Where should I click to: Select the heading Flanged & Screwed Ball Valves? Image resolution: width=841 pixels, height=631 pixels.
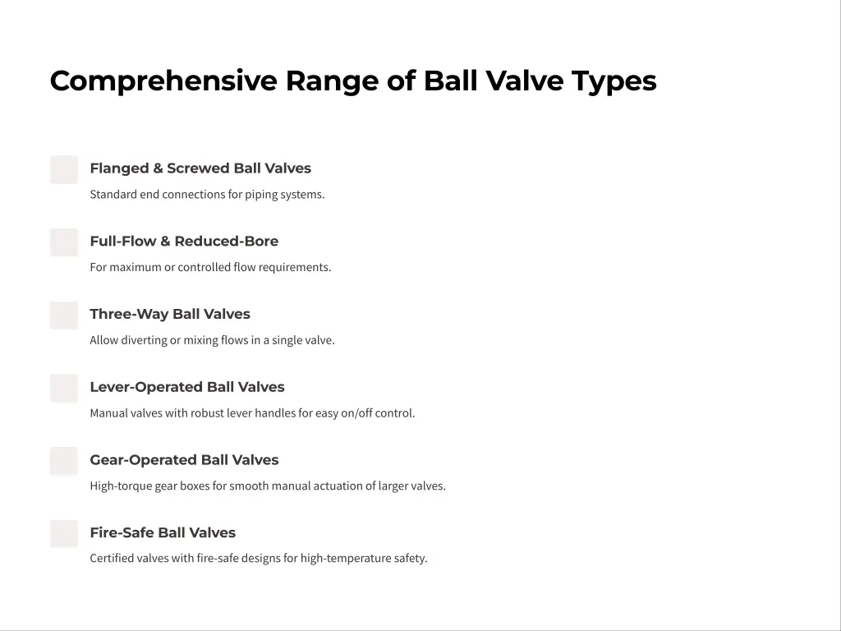tap(200, 168)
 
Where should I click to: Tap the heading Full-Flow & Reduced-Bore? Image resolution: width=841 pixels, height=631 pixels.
tap(184, 242)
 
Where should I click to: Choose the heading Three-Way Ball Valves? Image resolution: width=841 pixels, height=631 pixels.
tap(170, 314)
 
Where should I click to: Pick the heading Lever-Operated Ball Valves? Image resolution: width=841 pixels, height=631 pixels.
tap(187, 387)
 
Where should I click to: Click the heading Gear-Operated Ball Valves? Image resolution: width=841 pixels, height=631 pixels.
tap(184, 460)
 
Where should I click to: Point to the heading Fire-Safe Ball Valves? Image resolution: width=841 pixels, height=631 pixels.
tap(163, 532)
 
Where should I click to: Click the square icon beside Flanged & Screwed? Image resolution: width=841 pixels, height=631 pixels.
tap(64, 169)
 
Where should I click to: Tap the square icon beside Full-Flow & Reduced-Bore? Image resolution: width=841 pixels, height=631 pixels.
tap(64, 242)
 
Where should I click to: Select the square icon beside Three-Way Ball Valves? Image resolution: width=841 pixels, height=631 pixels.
tap(64, 315)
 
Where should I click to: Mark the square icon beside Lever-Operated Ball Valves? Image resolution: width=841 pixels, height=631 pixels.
tap(64, 388)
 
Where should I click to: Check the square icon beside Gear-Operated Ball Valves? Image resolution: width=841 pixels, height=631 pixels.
tap(64, 461)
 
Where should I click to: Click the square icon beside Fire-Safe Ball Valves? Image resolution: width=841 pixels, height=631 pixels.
tap(64, 534)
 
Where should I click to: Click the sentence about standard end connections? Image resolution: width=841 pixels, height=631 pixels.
tap(207, 195)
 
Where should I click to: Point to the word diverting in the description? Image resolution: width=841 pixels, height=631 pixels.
tap(144, 340)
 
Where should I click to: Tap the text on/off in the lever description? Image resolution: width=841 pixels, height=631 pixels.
tap(356, 413)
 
